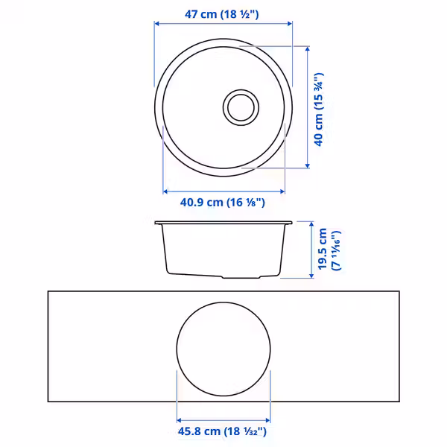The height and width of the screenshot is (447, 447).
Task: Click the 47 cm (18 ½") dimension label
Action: [x=222, y=14]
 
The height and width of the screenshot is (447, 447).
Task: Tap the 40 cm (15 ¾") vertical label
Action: [x=319, y=110]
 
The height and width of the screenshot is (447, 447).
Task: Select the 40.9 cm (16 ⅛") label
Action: [x=223, y=203]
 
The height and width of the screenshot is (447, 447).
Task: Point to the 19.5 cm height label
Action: [x=323, y=249]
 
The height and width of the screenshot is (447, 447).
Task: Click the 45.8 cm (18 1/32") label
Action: [x=222, y=431]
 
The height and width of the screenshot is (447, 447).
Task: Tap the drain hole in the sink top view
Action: [x=241, y=107]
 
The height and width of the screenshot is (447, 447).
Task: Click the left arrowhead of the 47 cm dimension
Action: [x=156, y=23]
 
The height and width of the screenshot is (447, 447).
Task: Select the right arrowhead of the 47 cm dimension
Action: [x=290, y=23]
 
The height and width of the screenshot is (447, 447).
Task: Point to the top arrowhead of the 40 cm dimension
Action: [x=307, y=48]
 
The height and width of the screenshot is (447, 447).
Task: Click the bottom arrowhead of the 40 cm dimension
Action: [x=307, y=165]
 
